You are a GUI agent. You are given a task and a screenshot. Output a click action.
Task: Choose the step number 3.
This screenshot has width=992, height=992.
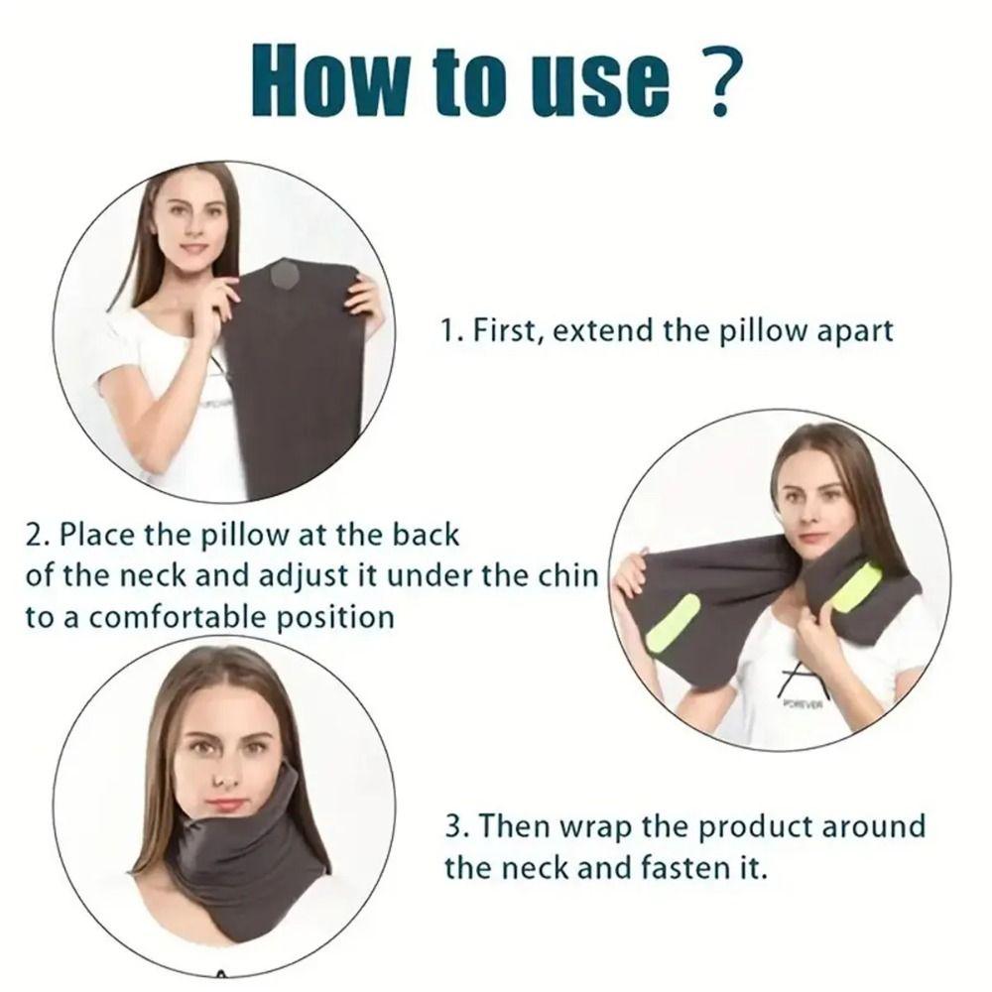coord(451,826)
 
